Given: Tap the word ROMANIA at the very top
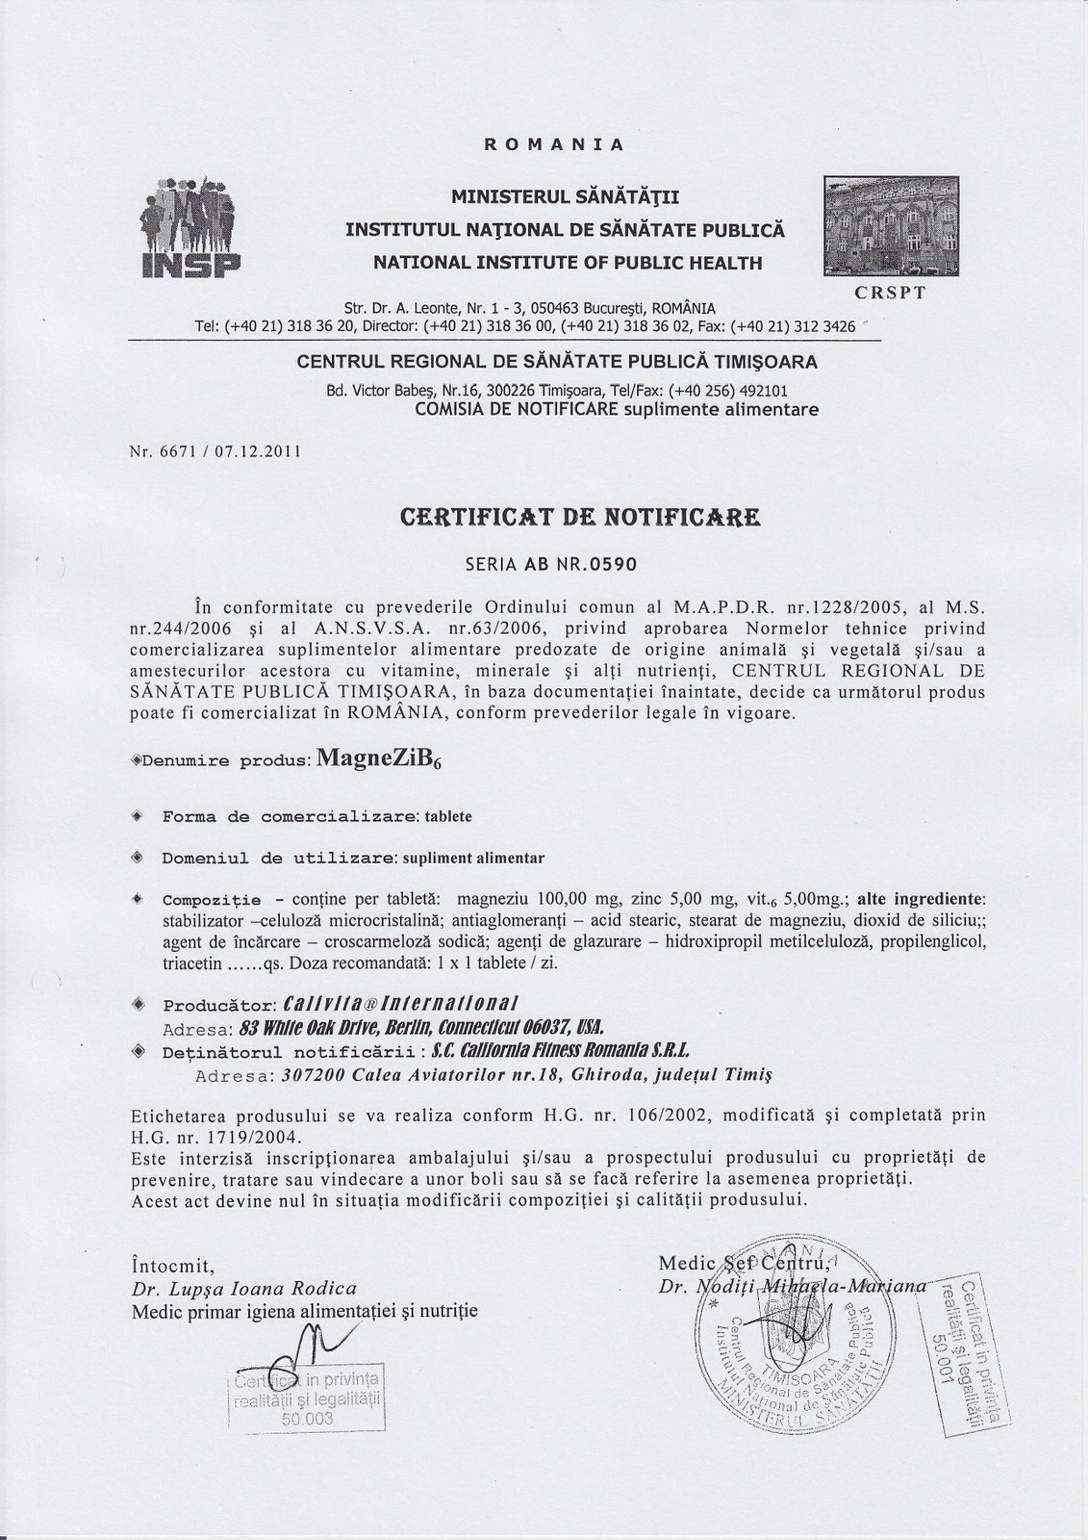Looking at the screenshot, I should pos(553,145).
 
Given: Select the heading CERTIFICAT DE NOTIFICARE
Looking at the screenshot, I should pos(579,519).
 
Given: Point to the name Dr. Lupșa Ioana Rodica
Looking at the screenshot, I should pos(243,1288).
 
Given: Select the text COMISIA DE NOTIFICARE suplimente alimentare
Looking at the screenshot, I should pos(616,410).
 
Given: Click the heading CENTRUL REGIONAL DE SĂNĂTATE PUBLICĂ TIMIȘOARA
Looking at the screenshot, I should pos(557,363).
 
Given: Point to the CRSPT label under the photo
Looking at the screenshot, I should pos(892,293).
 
